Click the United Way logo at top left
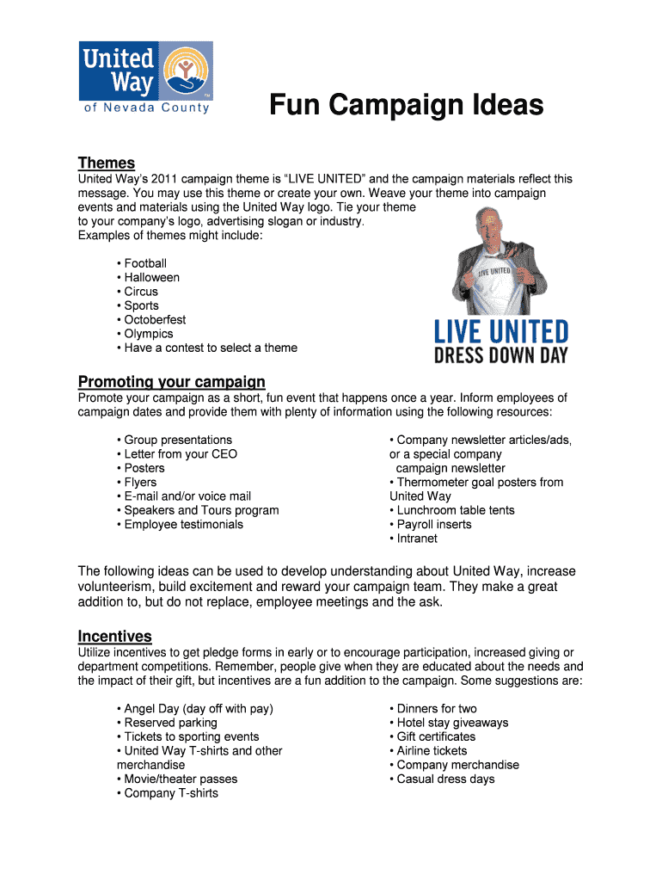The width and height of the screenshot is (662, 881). (x=145, y=78)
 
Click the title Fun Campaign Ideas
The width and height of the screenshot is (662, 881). (x=406, y=106)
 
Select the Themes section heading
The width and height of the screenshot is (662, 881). (x=107, y=163)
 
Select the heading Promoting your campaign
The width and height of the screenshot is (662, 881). (x=171, y=382)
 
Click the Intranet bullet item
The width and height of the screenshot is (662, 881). (x=416, y=539)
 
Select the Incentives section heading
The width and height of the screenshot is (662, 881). (x=115, y=637)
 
